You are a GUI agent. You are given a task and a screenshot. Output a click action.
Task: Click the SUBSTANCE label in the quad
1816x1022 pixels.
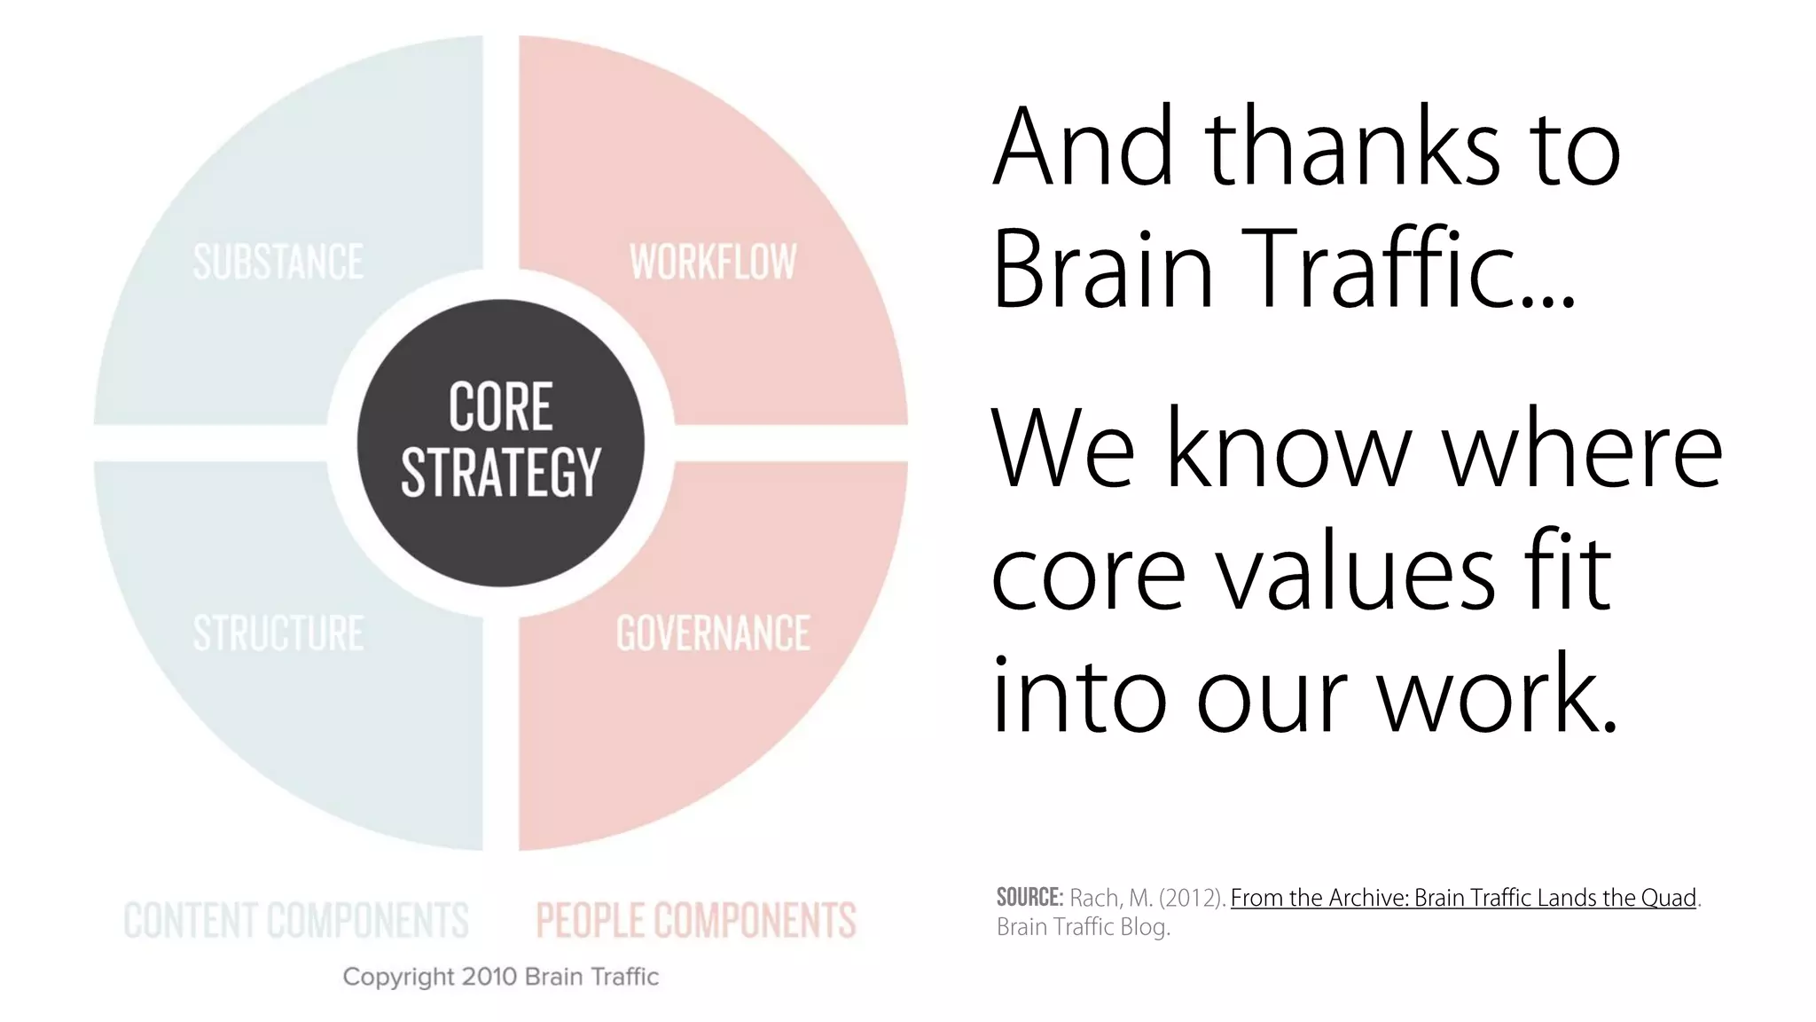tap(278, 263)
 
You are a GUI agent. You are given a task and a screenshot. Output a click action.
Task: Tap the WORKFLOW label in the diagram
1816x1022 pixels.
tap(713, 263)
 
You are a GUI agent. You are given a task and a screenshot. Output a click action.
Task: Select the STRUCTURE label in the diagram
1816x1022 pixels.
tap(278, 633)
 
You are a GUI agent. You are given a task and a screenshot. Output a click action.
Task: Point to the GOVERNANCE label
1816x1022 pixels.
tap(713, 633)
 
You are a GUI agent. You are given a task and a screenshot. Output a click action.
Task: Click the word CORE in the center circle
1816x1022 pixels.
tap(501, 407)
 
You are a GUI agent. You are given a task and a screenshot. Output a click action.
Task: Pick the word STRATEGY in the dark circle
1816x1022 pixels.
tap(501, 472)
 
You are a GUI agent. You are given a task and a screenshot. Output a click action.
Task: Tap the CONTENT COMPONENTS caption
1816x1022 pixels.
tap(295, 920)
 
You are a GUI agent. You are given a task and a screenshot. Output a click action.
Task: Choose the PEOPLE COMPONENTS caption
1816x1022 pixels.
tap(696, 920)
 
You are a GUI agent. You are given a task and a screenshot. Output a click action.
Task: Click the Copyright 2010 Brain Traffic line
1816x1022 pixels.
tap(501, 977)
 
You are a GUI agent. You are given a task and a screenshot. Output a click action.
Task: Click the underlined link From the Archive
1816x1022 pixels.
tap(1463, 898)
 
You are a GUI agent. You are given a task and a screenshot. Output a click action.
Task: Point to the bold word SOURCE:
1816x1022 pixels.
tap(1029, 897)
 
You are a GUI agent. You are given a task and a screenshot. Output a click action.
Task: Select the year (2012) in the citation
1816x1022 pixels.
tap(1192, 898)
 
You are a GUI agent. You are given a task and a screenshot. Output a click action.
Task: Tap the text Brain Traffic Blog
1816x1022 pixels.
tap(1084, 927)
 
